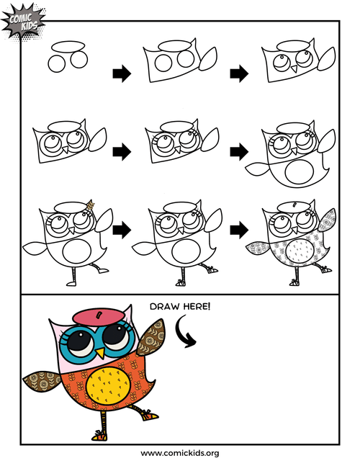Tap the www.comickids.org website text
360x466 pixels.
pos(180,453)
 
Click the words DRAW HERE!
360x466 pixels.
pos(180,307)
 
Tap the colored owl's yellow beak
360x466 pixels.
pos(101,354)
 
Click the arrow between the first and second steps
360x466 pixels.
pos(122,73)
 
